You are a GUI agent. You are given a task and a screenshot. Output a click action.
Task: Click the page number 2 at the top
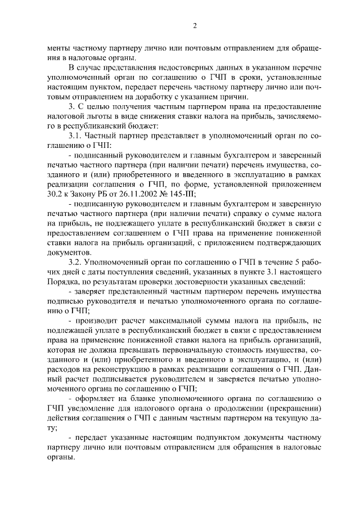pyautogui.click(x=194, y=25)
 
